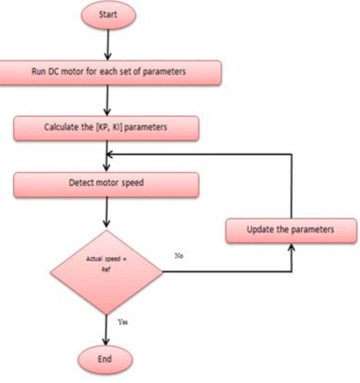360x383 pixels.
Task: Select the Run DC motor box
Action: (x=110, y=73)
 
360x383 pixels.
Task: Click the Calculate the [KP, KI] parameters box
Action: (x=106, y=128)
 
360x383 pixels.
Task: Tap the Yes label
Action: (x=122, y=322)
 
